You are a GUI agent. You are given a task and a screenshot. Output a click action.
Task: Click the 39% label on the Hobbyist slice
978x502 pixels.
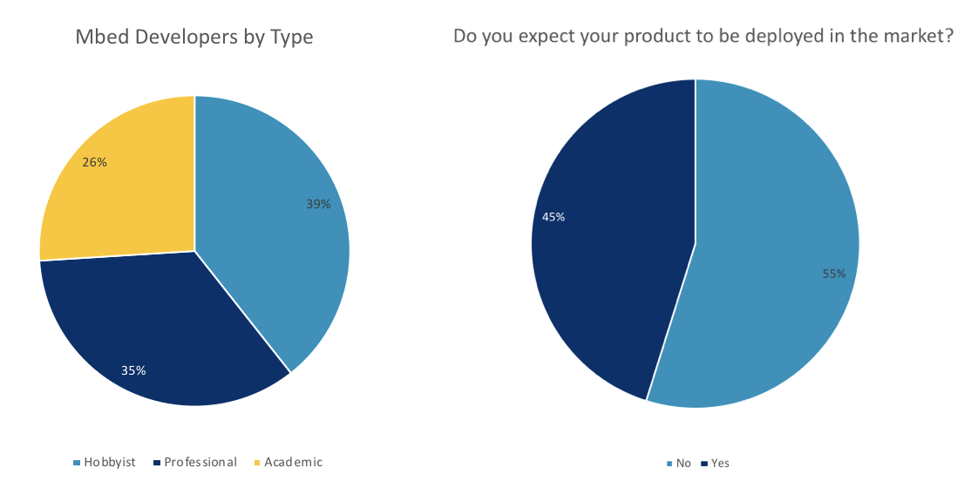click(318, 204)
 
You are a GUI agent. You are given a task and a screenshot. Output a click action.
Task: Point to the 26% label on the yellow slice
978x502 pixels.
click(95, 162)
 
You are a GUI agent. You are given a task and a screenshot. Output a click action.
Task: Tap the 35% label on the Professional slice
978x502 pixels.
click(133, 370)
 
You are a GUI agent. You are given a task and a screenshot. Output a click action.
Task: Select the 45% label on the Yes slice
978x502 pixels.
click(554, 217)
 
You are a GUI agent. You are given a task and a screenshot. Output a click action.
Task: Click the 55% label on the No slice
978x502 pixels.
click(834, 274)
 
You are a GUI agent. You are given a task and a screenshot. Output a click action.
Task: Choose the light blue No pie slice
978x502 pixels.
click(773, 249)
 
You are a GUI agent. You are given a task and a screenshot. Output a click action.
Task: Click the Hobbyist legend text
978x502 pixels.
click(110, 463)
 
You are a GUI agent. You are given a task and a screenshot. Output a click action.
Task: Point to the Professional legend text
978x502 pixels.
click(200, 462)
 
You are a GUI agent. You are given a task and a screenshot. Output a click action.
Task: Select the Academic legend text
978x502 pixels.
click(293, 462)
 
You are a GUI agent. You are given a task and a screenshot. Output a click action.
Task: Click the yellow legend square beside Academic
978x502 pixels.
click(257, 463)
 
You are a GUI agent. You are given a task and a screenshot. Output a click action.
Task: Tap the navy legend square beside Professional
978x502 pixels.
click(157, 463)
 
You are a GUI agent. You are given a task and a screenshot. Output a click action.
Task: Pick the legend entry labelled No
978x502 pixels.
click(679, 464)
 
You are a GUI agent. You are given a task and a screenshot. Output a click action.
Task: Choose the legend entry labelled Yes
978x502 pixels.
click(716, 464)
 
